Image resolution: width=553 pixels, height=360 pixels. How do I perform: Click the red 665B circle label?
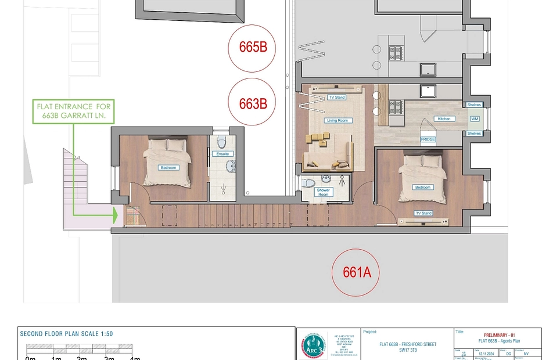[253, 48]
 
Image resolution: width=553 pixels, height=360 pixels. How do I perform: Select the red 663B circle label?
[253, 103]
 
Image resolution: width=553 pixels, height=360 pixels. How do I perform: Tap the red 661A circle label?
[356, 272]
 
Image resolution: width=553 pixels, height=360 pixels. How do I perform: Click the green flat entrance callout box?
[74, 111]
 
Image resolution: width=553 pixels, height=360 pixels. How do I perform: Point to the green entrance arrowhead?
[115, 216]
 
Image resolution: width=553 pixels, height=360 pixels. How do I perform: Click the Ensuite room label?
[222, 154]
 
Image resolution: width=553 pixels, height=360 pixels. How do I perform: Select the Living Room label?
[337, 120]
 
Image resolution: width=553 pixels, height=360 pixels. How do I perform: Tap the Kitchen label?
[444, 118]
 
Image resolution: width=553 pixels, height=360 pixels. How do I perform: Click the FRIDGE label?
[428, 139]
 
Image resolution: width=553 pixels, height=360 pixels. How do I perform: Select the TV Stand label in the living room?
[336, 98]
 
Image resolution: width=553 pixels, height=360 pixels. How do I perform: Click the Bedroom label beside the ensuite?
[168, 167]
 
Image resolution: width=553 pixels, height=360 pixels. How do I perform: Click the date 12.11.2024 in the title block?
[487, 353]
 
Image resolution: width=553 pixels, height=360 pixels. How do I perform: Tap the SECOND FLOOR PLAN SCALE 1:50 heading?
[67, 334]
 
